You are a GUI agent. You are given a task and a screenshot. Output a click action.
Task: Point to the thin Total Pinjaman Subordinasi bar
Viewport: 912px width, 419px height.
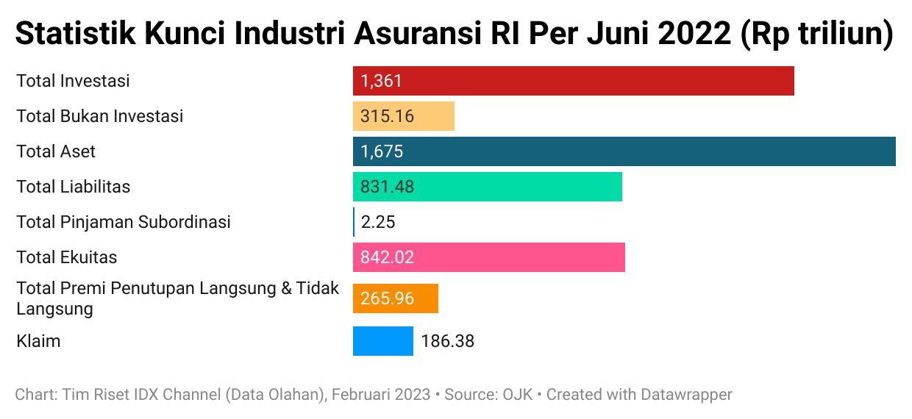tap(354, 222)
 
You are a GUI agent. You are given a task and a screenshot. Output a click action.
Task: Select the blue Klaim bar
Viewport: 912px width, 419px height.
tap(382, 341)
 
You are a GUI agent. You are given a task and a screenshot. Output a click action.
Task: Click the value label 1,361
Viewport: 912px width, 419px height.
tap(382, 81)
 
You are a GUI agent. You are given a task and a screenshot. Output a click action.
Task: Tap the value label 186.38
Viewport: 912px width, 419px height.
tap(447, 341)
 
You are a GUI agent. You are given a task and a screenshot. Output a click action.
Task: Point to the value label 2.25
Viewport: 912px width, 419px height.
tap(378, 222)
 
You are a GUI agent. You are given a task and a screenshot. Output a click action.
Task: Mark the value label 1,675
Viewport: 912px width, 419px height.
tap(382, 151)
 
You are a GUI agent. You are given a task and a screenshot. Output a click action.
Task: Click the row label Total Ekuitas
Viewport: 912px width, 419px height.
tap(67, 257)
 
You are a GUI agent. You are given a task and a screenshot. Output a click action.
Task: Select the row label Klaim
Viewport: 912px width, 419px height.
tap(38, 341)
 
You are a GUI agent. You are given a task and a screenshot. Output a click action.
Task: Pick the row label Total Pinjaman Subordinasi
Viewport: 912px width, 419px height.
tap(124, 222)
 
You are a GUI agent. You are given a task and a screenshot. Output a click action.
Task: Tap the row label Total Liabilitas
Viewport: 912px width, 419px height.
tap(74, 187)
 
